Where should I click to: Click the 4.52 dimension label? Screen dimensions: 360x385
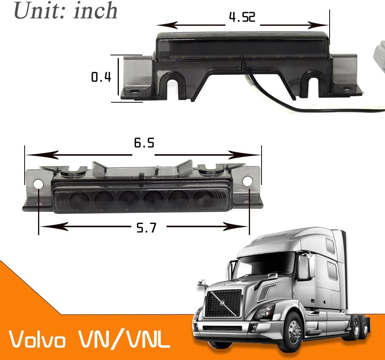242,17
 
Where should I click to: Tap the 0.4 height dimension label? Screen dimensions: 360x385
101,77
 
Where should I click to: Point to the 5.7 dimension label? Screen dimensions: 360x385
147,228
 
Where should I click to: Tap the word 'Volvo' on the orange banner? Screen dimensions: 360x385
37,340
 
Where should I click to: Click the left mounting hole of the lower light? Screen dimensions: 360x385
38,184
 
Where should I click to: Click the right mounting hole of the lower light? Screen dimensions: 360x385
247,181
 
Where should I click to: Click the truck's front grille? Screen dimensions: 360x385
223,303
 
